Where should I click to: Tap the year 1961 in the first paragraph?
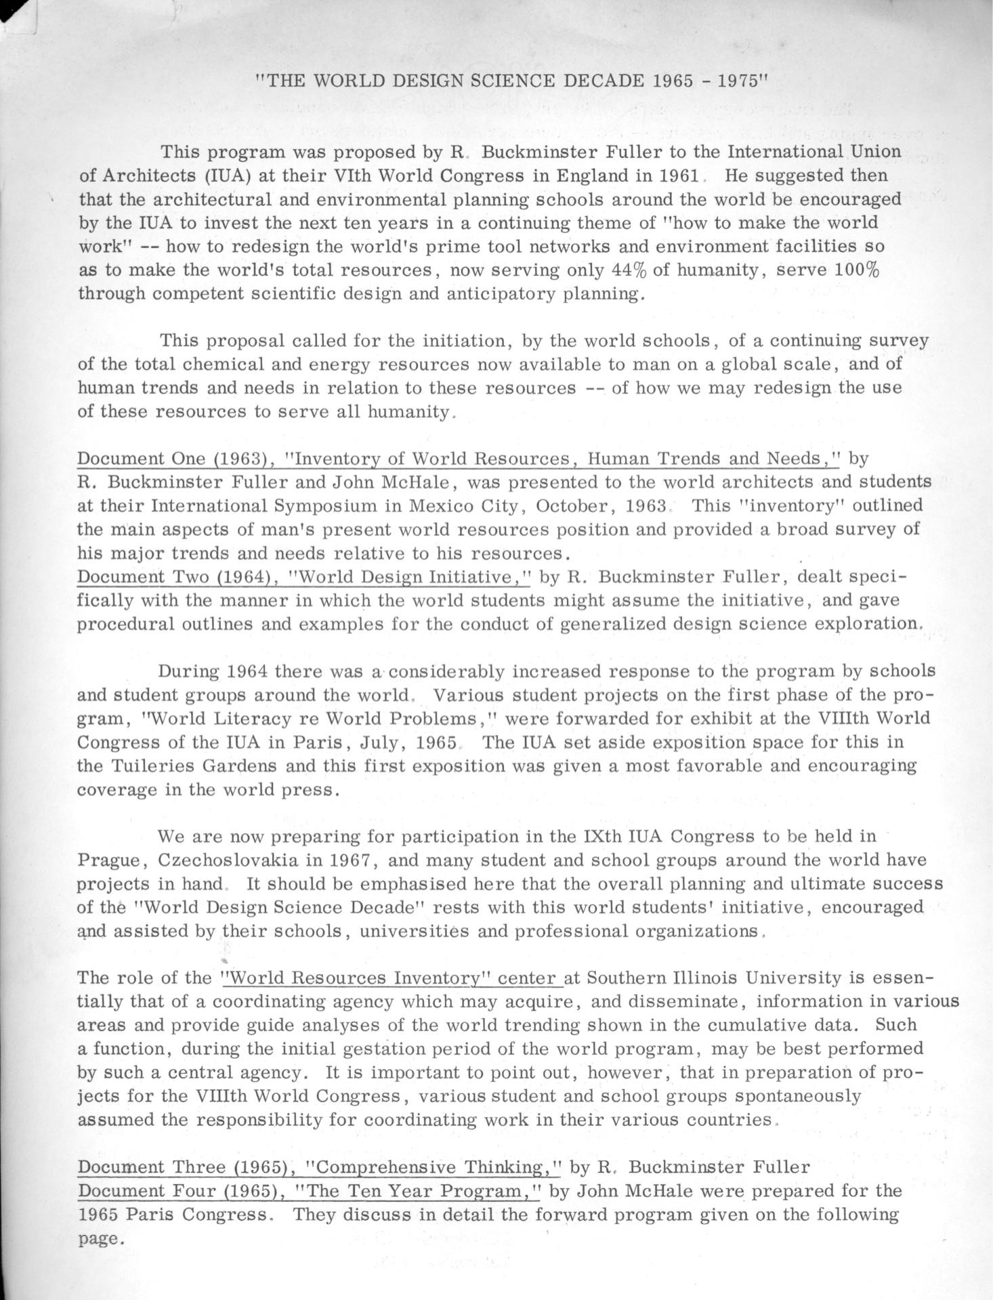(679, 175)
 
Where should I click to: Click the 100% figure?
(856, 270)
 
